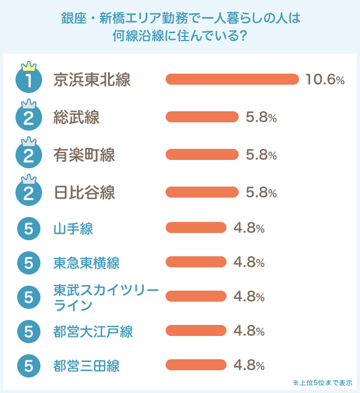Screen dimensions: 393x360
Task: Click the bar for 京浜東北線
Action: (x=232, y=79)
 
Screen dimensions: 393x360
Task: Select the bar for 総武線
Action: (x=202, y=117)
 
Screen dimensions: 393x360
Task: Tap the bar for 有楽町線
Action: (x=202, y=154)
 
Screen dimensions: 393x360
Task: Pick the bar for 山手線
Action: (x=196, y=227)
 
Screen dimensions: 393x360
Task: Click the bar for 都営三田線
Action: (x=196, y=365)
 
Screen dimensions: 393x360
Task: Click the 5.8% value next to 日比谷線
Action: (x=261, y=192)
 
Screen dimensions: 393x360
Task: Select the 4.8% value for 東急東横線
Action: (x=249, y=262)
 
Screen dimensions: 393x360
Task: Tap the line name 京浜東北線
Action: (x=92, y=80)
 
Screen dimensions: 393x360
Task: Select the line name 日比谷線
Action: (x=84, y=193)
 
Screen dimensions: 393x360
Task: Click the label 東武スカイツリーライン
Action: (x=105, y=297)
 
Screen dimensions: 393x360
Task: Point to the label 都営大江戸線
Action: (x=93, y=331)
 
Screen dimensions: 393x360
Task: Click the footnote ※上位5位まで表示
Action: (x=322, y=382)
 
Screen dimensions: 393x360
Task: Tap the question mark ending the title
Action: (x=242, y=37)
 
